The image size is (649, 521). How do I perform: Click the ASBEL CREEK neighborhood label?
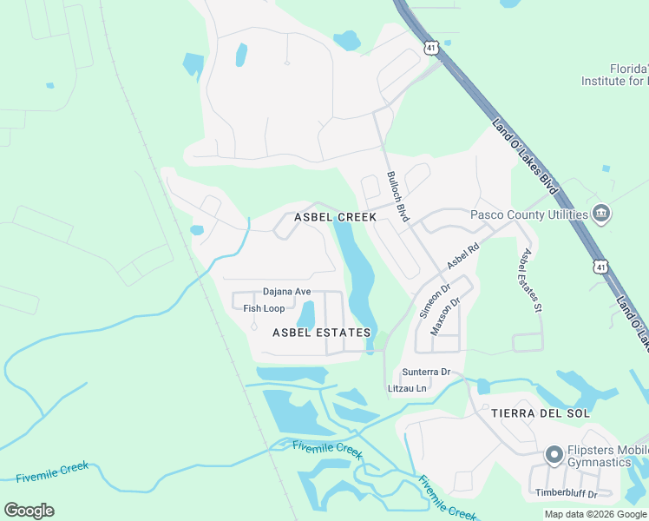(x=335, y=217)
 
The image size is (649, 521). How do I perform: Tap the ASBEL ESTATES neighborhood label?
(x=322, y=333)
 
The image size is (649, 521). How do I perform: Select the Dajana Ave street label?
(x=286, y=293)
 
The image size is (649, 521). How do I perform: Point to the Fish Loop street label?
(x=264, y=308)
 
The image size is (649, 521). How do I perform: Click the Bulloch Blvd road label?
(x=397, y=196)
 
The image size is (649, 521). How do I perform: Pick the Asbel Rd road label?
(x=462, y=254)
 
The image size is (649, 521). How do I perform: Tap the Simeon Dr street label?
(x=436, y=300)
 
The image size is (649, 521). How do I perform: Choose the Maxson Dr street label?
(x=444, y=316)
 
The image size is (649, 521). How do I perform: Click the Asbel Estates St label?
(x=530, y=280)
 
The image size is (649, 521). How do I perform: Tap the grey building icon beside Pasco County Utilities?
(x=601, y=214)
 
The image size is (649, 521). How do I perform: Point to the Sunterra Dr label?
(x=426, y=372)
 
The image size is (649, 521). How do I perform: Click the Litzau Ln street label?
(x=408, y=388)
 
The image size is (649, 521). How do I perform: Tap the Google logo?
(x=29, y=511)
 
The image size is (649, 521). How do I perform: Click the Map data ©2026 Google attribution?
(x=595, y=514)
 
